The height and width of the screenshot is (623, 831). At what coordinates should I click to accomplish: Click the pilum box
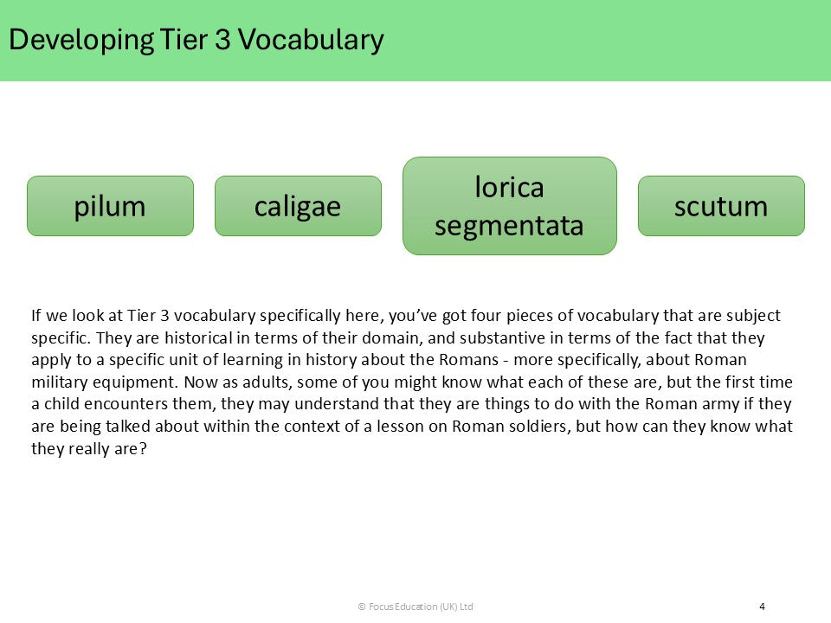tap(110, 206)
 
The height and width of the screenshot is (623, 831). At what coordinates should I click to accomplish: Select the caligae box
tap(298, 206)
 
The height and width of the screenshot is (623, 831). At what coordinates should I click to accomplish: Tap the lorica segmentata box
tap(509, 206)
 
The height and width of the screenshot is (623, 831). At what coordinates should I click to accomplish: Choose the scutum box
tap(721, 206)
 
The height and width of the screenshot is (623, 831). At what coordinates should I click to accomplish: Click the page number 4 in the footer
tap(762, 607)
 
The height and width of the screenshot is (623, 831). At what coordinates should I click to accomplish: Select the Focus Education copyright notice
tap(415, 607)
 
